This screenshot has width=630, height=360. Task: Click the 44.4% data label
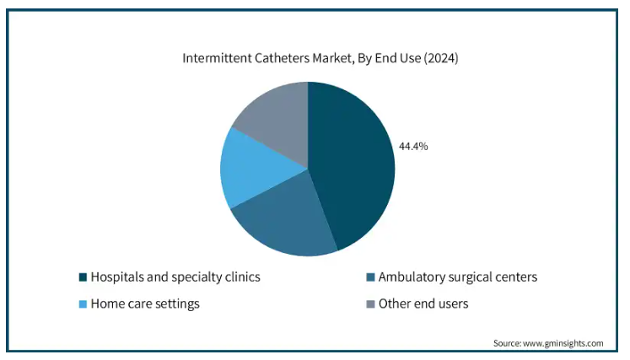pyautogui.click(x=413, y=146)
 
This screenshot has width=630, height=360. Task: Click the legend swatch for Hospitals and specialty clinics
pyautogui.click(x=83, y=277)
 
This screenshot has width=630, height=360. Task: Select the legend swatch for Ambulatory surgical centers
pyautogui.click(x=370, y=277)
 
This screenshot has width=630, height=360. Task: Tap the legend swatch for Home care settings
pyautogui.click(x=83, y=304)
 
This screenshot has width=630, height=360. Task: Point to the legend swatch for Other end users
pyautogui.click(x=370, y=304)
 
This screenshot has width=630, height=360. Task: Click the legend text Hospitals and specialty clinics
pyautogui.click(x=175, y=277)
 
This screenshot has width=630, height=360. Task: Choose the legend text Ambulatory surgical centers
pyautogui.click(x=457, y=277)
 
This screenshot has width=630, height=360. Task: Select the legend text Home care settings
pyautogui.click(x=145, y=304)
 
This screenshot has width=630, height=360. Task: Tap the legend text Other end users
pyautogui.click(x=423, y=304)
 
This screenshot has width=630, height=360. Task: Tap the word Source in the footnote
pyautogui.click(x=509, y=343)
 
